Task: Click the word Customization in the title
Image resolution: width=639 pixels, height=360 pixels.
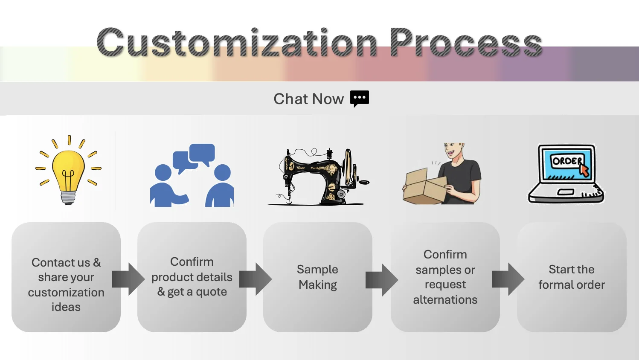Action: click(237, 43)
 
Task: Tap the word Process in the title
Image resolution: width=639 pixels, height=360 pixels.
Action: click(465, 43)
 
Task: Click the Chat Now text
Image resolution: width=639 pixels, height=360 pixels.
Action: click(308, 99)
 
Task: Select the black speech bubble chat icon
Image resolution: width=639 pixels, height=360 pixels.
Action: click(359, 99)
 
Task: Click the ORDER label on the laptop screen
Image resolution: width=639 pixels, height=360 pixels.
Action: click(566, 161)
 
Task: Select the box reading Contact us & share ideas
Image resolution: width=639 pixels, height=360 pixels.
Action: click(66, 277)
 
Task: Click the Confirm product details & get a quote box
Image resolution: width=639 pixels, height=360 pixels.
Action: click(192, 277)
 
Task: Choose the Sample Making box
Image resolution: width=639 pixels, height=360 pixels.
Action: click(318, 277)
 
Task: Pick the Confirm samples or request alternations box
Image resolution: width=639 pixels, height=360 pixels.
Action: click(445, 277)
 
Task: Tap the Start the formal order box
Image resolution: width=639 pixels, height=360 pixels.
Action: click(572, 277)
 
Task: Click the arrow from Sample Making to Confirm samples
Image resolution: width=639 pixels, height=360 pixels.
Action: click(382, 280)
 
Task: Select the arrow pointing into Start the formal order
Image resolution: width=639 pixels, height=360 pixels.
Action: click(508, 279)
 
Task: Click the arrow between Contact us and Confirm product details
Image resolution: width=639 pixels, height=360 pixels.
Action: click(128, 279)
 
